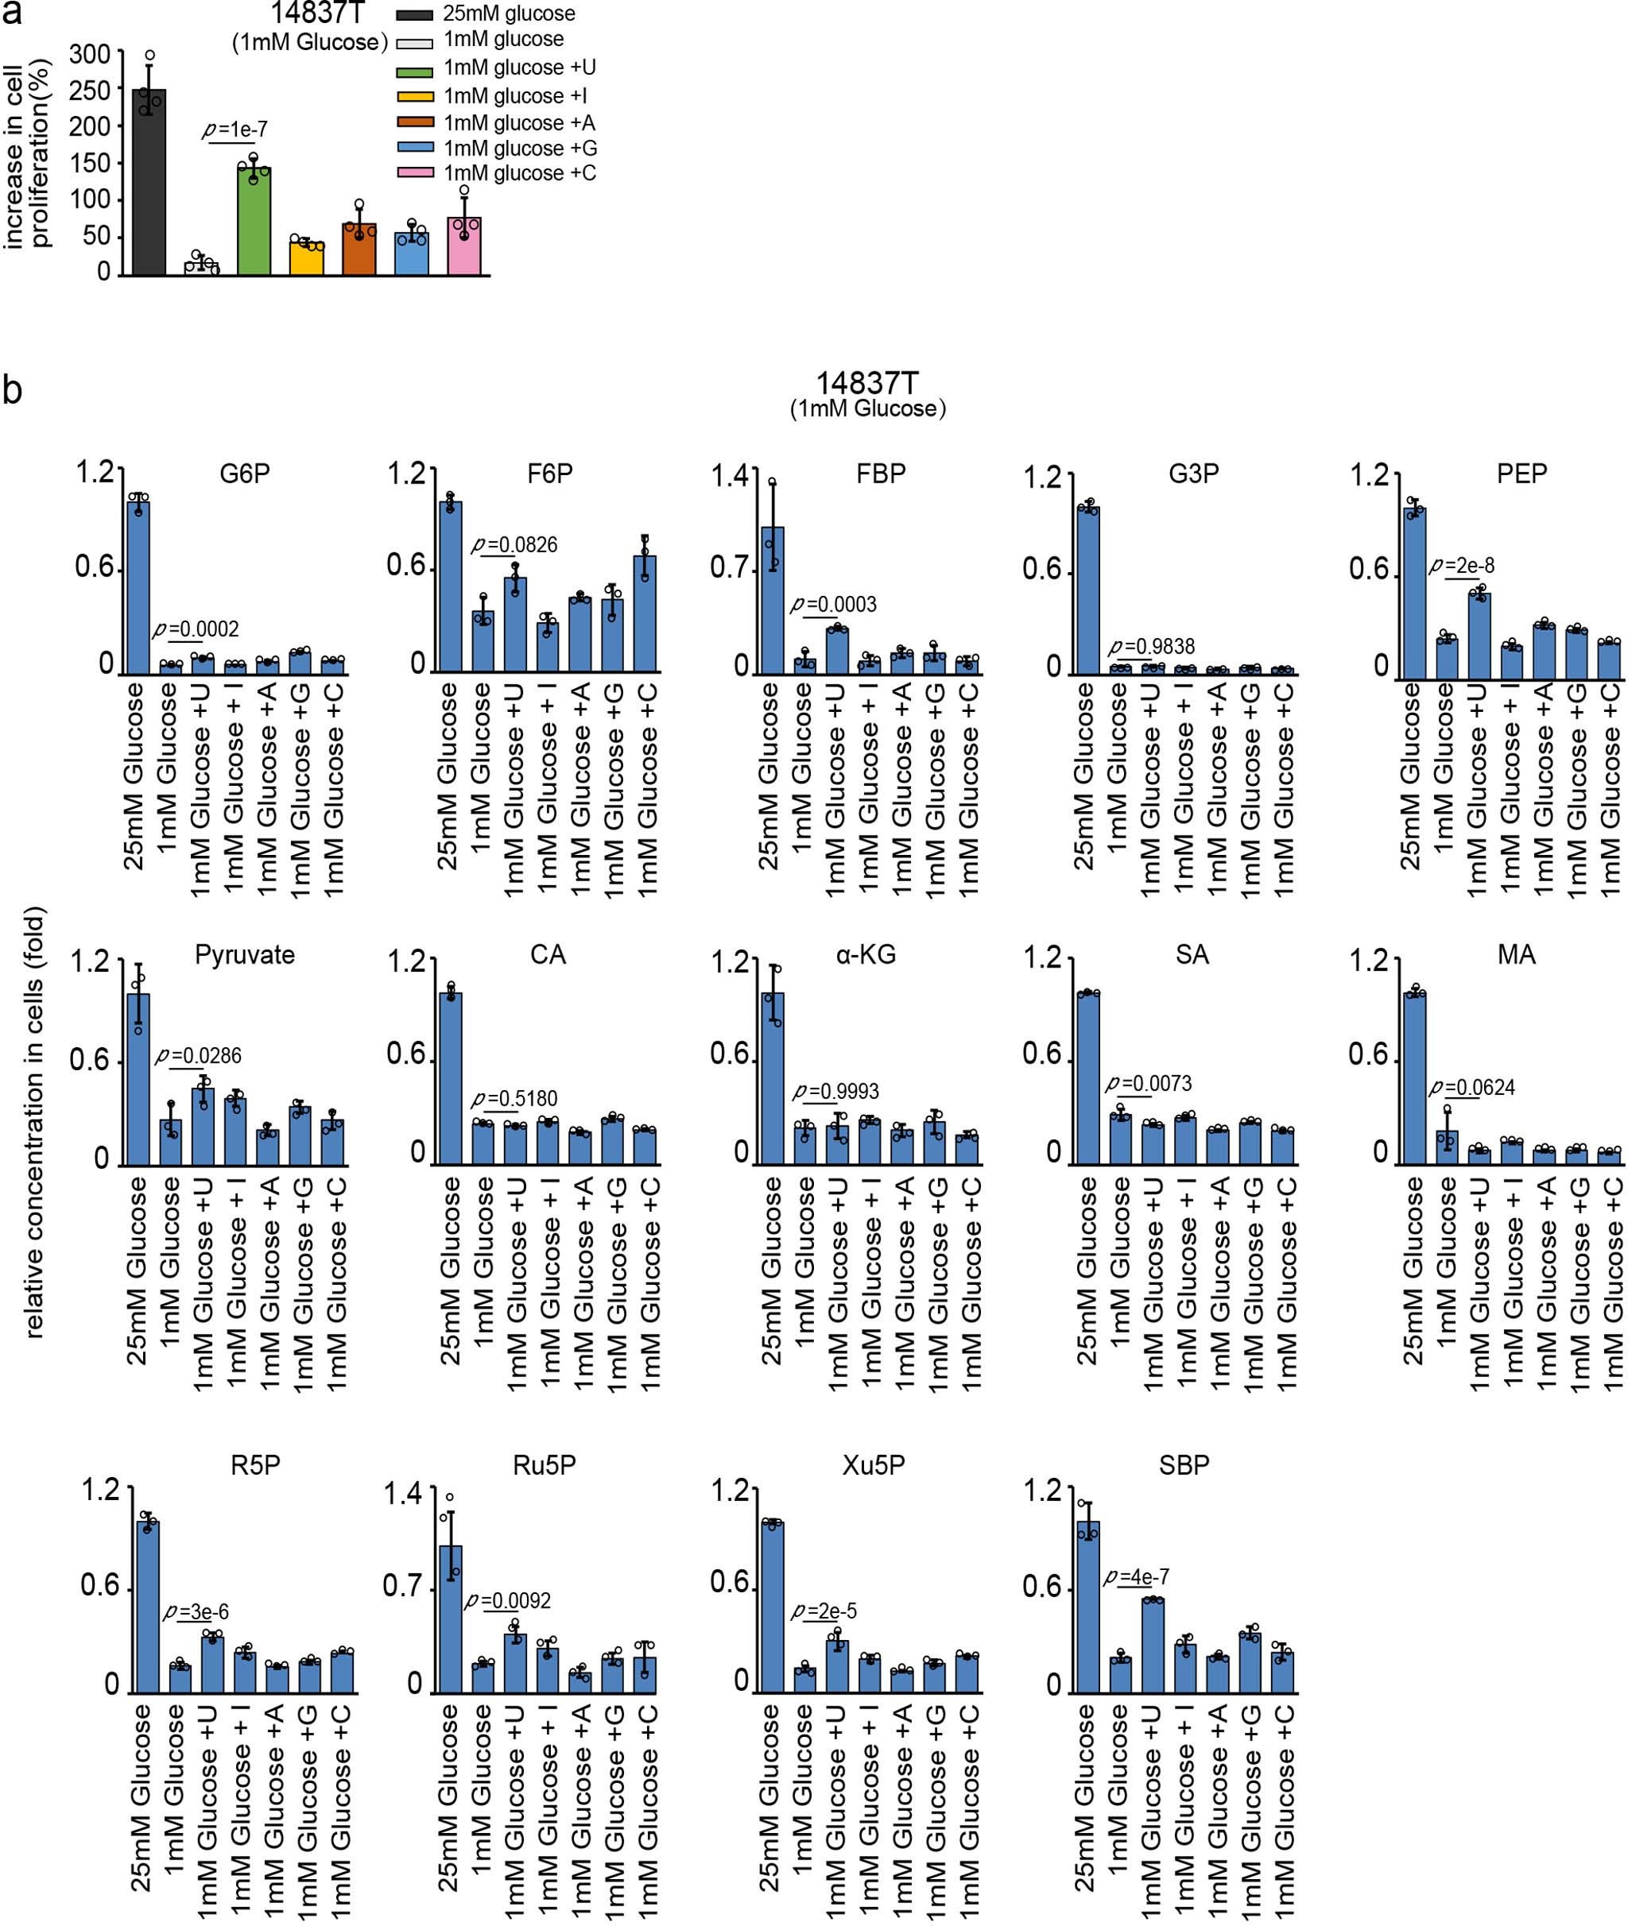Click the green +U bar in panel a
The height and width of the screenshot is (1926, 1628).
(254, 222)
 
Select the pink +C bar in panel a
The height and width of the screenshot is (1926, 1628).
(464, 246)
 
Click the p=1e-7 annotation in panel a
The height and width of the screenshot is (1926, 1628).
(235, 130)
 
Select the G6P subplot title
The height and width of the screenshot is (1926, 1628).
(245, 474)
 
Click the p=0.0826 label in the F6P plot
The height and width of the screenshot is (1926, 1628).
(515, 545)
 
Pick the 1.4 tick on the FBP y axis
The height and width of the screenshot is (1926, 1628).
(729, 476)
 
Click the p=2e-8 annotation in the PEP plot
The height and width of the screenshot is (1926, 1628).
(1462, 567)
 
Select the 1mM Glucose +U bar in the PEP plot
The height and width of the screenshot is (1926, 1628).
(1479, 636)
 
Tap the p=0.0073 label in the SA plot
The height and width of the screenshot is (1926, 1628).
(1149, 1084)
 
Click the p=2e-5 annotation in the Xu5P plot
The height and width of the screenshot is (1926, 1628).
(824, 1611)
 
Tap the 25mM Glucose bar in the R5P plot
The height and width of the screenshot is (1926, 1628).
(148, 1606)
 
